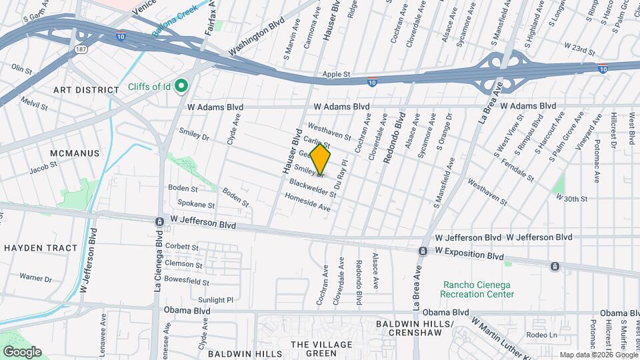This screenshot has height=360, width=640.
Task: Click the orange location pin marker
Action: point(320,159)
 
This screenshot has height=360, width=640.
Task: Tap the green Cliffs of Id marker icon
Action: point(180,87)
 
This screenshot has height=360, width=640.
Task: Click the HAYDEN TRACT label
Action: point(41,248)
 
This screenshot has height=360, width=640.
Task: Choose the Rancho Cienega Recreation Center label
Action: point(479,289)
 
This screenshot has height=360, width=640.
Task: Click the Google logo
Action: point(21,351)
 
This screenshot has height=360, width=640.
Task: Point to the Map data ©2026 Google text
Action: point(598,355)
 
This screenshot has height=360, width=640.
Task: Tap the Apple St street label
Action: point(336,75)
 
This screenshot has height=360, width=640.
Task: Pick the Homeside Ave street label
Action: point(307,203)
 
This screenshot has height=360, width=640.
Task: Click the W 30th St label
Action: point(571,198)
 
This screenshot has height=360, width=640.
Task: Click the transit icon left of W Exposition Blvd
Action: point(423,251)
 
